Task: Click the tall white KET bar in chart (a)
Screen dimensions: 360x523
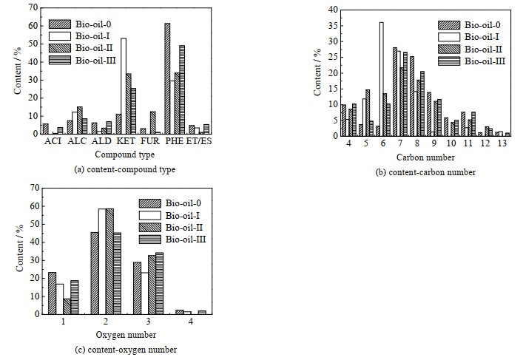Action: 124,86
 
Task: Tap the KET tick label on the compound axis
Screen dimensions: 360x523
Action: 123,142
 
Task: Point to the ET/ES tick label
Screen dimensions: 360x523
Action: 200,142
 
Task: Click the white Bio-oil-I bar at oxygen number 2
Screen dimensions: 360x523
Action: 102,261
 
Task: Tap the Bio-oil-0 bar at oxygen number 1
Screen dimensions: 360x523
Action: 51,293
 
